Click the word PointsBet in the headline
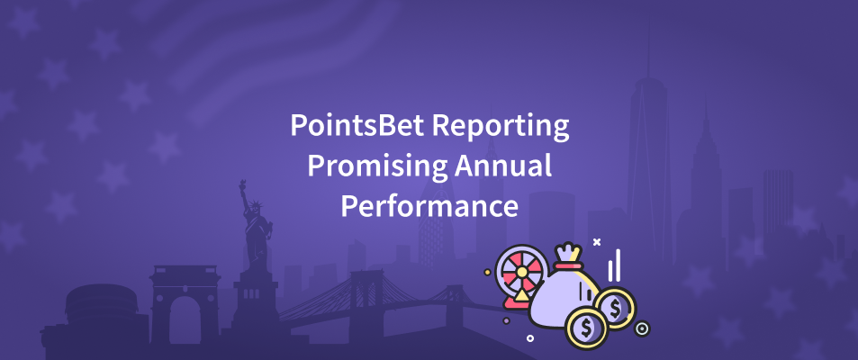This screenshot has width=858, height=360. (x=357, y=125)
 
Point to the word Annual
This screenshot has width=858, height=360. (x=503, y=166)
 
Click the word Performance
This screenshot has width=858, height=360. (x=429, y=208)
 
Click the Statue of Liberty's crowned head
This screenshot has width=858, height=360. (x=256, y=206)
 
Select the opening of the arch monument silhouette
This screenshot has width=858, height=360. (x=185, y=320)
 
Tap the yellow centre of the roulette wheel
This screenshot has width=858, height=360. (x=521, y=272)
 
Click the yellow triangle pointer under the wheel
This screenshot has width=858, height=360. (x=521, y=296)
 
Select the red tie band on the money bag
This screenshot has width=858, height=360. (x=568, y=265)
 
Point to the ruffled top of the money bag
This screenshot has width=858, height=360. (x=568, y=252)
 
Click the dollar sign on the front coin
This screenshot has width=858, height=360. (x=587, y=328)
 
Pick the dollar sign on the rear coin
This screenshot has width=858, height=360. (x=615, y=309)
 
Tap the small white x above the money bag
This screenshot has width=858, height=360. (x=597, y=241)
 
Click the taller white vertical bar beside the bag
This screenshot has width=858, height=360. (x=618, y=265)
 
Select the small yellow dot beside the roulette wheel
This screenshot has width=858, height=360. (x=488, y=272)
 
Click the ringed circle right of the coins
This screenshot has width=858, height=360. (x=642, y=328)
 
